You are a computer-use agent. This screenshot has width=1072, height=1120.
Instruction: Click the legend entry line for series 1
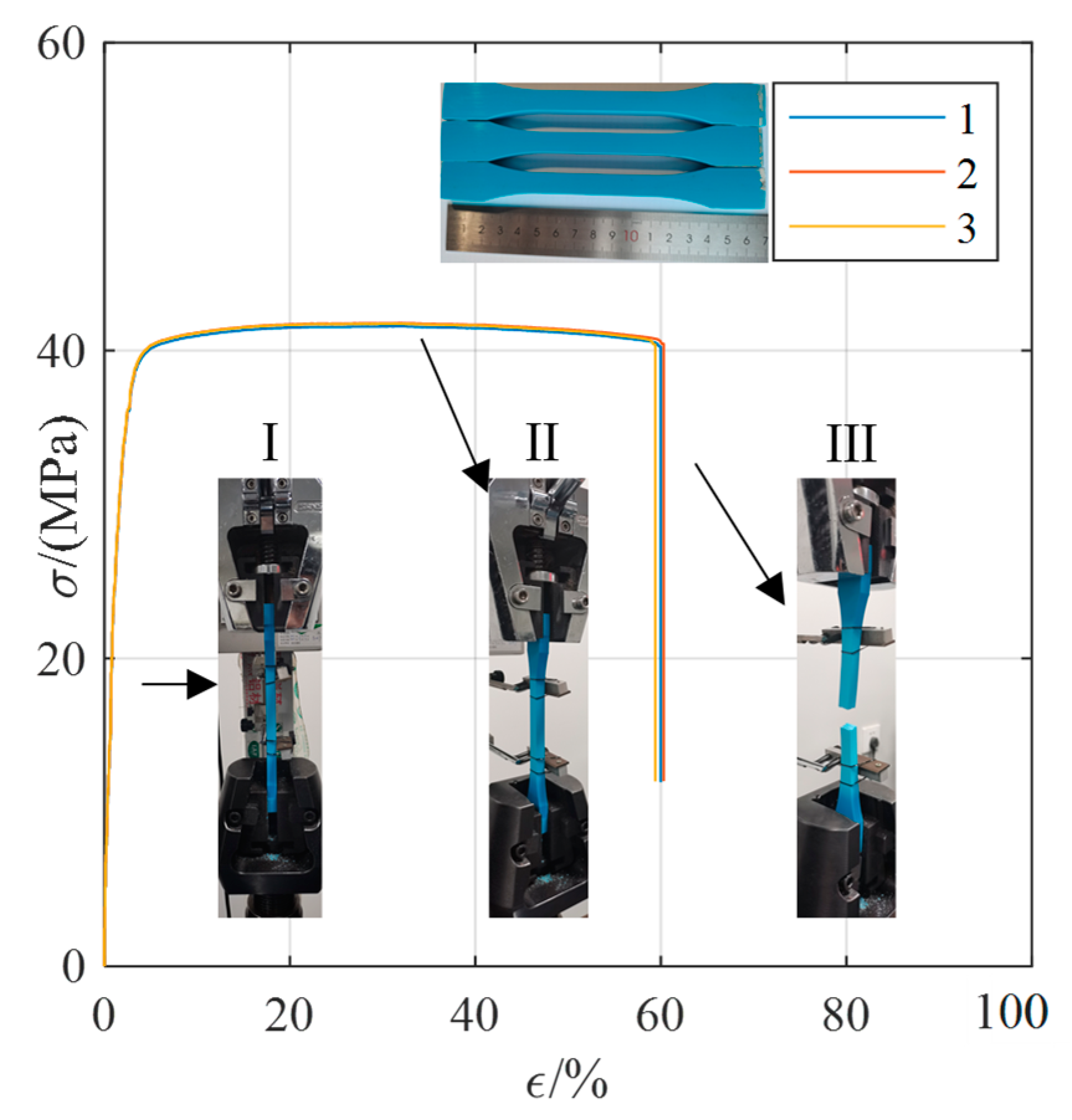[866, 117]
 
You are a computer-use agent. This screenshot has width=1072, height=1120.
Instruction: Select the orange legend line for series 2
[866, 171]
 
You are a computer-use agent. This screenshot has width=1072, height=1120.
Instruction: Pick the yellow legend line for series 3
[866, 227]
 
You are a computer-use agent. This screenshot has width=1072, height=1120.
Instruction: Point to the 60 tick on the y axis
[61, 45]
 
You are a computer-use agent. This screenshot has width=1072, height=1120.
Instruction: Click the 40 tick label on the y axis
[61, 352]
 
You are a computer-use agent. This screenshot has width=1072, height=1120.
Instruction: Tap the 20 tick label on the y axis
[61, 660]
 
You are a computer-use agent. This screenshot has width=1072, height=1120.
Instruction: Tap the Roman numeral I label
[270, 442]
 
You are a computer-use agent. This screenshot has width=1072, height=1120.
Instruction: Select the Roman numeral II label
[542, 442]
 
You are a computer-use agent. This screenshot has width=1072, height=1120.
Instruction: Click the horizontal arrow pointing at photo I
[180, 684]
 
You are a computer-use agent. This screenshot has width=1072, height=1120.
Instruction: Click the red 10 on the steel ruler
[630, 236]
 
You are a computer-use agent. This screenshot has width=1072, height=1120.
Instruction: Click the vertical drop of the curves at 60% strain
[659, 559]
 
